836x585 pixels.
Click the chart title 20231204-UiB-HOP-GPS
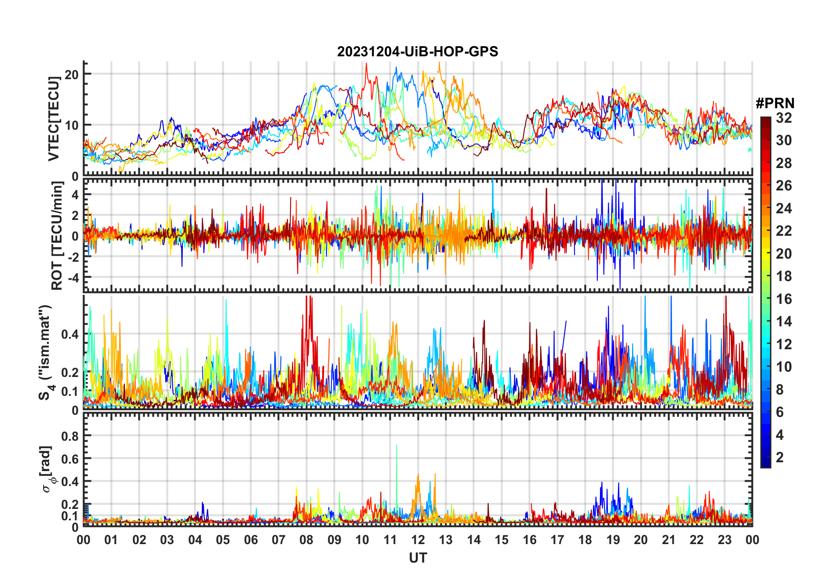(x=418, y=52)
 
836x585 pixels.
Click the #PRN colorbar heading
(x=775, y=103)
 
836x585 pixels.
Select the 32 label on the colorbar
(x=784, y=118)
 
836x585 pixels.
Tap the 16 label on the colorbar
(x=784, y=299)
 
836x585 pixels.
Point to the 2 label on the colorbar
(x=780, y=457)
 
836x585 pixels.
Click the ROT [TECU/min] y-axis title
(x=57, y=236)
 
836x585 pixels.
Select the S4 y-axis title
(x=45, y=352)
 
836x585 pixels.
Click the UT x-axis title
(x=418, y=558)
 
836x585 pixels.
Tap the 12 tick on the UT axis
(x=418, y=540)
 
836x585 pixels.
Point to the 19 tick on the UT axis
(x=613, y=540)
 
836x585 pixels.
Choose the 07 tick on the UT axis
(x=279, y=540)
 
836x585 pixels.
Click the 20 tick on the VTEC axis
(x=72, y=74)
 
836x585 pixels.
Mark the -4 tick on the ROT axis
(x=73, y=278)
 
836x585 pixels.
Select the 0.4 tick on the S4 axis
(x=70, y=334)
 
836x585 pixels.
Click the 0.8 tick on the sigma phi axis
(x=70, y=436)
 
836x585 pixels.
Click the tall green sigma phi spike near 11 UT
(x=396, y=446)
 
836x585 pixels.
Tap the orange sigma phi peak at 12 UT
(x=418, y=475)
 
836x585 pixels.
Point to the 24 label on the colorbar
(x=784, y=208)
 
